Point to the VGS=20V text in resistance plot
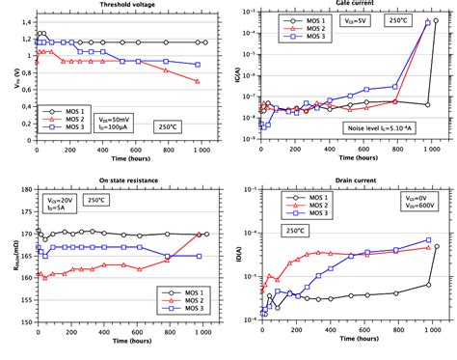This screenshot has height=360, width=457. point(57,200)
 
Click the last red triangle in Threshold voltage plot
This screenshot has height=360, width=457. point(198,82)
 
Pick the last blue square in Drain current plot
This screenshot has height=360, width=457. point(429,240)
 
